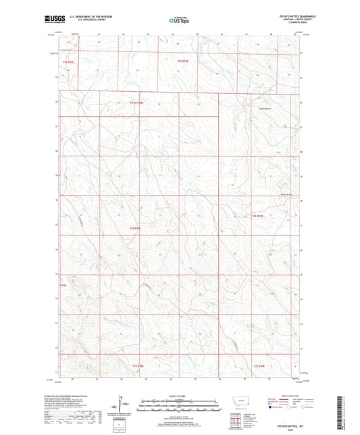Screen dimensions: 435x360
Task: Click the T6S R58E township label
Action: tap(133, 228)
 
